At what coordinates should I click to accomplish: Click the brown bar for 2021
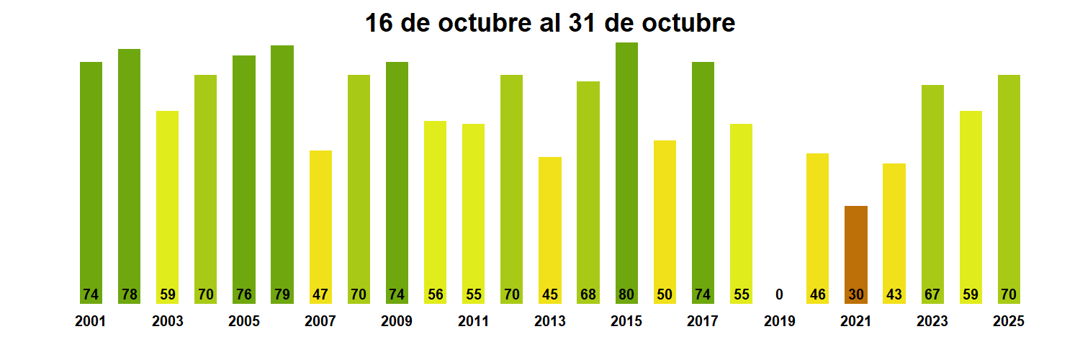(x=856, y=252)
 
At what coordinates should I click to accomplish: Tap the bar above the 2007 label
(x=320, y=223)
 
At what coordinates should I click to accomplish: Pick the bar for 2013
(x=550, y=227)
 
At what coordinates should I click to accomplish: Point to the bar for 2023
(x=932, y=191)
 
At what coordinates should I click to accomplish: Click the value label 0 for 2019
(x=779, y=294)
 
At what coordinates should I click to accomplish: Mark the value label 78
(x=129, y=294)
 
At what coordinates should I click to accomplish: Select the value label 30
(x=856, y=294)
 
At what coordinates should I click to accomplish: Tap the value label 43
(x=894, y=294)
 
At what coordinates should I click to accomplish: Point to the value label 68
(x=588, y=294)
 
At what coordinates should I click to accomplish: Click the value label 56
(x=435, y=294)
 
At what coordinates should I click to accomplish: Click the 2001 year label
(x=91, y=322)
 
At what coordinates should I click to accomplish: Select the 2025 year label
(x=1009, y=322)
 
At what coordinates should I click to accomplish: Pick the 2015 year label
(x=626, y=322)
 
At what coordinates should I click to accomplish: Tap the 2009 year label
(x=397, y=322)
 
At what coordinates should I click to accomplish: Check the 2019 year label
(x=779, y=322)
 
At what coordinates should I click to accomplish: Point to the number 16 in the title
(x=379, y=23)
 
